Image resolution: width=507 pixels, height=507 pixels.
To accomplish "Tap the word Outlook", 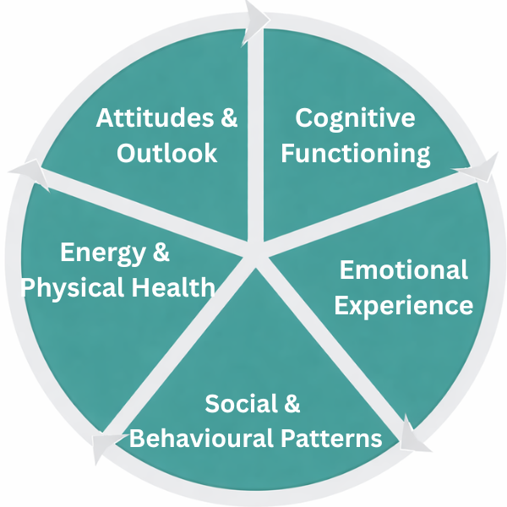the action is [167, 154].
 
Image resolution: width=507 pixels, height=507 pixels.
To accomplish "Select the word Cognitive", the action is [355, 117].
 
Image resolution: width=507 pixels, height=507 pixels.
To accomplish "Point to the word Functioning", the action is [356, 154].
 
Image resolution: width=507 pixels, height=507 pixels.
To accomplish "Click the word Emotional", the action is [403, 270].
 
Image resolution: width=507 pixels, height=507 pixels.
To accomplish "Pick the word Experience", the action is [403, 305].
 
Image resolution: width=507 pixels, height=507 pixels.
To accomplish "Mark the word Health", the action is [174, 287].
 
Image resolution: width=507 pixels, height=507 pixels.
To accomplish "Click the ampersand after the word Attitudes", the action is [228, 118].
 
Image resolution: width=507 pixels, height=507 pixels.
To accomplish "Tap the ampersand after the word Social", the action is [290, 404].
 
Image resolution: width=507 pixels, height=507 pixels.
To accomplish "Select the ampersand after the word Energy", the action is [160, 252].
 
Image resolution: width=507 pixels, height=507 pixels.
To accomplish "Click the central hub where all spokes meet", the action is [254, 256].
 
